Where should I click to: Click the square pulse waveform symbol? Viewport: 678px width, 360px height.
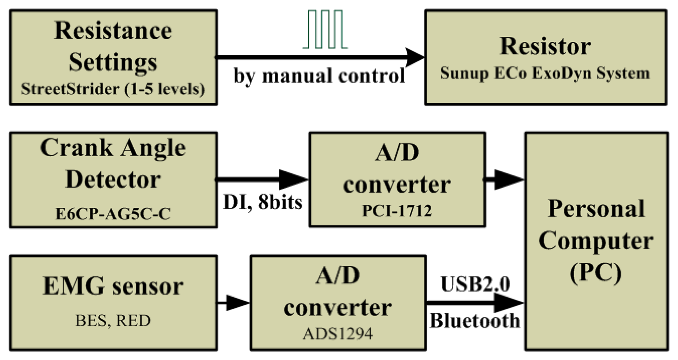(x=325, y=30)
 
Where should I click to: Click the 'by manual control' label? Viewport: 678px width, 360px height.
(x=319, y=76)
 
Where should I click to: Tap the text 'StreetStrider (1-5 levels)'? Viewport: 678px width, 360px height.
(x=113, y=89)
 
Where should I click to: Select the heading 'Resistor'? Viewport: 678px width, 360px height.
(x=545, y=46)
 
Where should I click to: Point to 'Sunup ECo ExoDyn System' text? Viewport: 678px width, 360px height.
(x=545, y=73)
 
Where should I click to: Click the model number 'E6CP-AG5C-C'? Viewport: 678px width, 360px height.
(x=113, y=214)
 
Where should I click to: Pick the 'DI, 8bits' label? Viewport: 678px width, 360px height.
(x=263, y=202)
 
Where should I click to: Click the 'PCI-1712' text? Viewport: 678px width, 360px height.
(x=397, y=210)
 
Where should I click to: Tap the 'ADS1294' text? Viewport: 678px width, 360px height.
(x=338, y=333)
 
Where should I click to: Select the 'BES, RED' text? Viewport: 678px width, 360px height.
(x=113, y=321)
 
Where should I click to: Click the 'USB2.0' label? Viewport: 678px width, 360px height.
(x=475, y=284)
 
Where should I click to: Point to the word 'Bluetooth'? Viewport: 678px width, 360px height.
(x=475, y=321)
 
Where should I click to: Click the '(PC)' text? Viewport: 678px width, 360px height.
(x=596, y=272)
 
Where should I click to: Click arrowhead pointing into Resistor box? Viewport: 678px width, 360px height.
(x=414, y=58)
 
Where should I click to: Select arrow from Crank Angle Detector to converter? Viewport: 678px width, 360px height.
(x=262, y=180)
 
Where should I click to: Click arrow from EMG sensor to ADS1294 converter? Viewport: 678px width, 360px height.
(x=234, y=302)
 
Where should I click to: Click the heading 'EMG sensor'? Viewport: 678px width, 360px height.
(x=113, y=286)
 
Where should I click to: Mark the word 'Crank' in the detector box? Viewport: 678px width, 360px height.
(x=76, y=148)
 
